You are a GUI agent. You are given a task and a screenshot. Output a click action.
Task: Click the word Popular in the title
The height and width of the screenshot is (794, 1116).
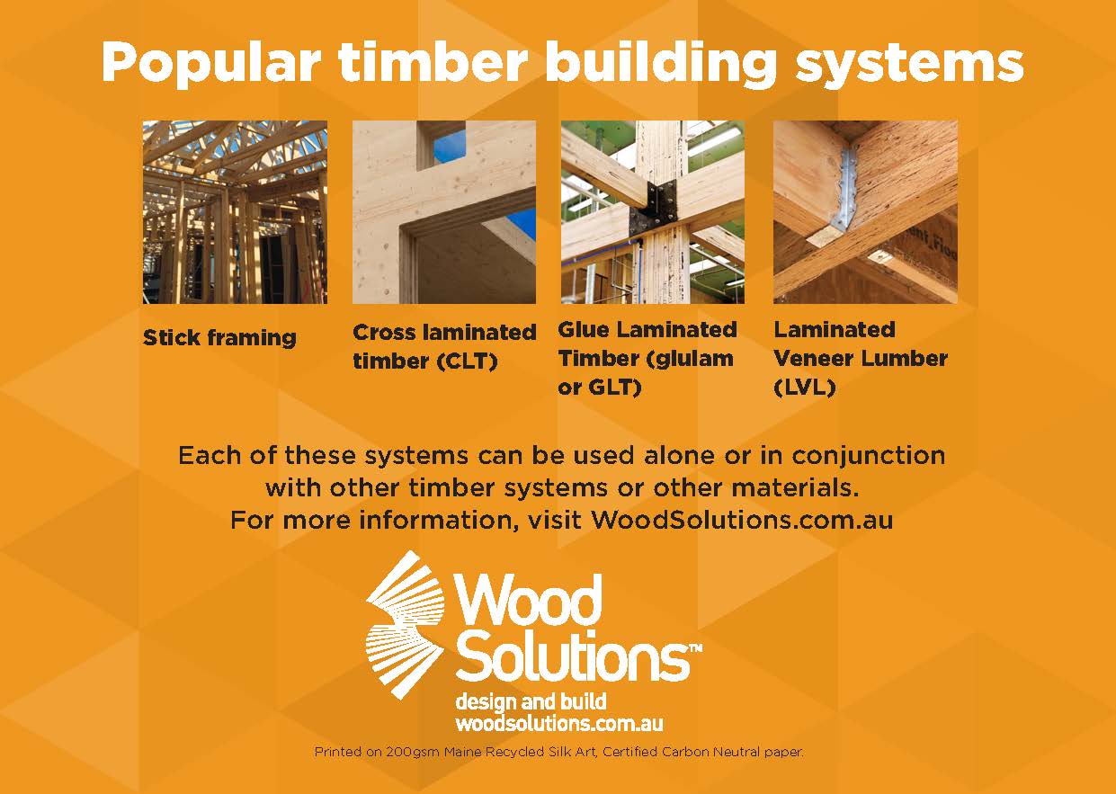[210, 63]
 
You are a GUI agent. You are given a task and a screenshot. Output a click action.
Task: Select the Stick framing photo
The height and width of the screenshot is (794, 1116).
[235, 212]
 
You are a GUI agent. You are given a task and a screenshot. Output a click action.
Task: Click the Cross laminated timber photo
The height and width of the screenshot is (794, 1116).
[444, 212]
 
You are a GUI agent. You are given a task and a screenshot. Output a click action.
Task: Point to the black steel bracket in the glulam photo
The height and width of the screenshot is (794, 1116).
[654, 210]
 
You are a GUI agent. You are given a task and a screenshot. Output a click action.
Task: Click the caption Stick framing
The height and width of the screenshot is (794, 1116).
[219, 338]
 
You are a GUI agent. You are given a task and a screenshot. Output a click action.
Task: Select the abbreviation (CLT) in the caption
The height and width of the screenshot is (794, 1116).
[468, 361]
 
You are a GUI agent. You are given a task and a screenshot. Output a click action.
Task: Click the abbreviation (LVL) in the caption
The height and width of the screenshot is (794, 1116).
[805, 387]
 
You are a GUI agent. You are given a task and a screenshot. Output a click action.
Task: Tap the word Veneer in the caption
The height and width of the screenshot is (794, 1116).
[813, 358]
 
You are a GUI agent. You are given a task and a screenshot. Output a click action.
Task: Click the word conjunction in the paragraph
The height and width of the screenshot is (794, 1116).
[869, 456]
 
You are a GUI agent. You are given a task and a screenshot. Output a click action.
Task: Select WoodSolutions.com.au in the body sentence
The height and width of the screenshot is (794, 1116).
[742, 520]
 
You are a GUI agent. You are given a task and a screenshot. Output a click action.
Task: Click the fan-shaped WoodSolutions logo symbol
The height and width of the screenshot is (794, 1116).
[405, 625]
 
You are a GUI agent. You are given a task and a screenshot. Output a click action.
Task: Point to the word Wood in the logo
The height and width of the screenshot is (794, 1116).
[528, 599]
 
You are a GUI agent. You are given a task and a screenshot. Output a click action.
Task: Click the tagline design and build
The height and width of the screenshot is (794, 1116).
[531, 702]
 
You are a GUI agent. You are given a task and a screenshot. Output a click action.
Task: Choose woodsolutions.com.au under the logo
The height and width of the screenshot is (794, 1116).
[559, 723]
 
